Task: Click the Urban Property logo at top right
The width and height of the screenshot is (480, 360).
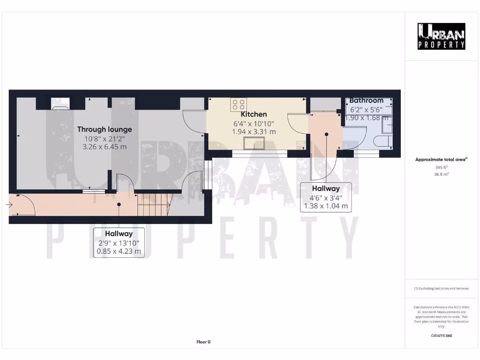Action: coord(442,36)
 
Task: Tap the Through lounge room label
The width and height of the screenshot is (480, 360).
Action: coord(105,129)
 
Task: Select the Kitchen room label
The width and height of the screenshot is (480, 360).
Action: coord(254,114)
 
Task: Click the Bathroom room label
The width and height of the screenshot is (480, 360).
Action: coord(366,100)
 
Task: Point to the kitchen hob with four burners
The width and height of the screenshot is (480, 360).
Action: coord(238,104)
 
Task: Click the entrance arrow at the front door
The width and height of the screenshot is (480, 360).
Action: coord(9,205)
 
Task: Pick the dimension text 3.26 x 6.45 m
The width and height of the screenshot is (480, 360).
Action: coord(105,147)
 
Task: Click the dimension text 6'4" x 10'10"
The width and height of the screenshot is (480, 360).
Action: coord(254,124)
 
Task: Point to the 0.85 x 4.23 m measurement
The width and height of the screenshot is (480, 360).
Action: coord(119,251)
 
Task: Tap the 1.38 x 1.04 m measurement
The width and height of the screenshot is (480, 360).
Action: coord(326,206)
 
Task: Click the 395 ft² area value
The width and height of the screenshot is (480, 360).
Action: coord(441,167)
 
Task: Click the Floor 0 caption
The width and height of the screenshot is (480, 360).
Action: coord(203,342)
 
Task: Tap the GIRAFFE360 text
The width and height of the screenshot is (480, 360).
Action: coord(441,336)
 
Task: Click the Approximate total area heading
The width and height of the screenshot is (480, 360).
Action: coord(441,160)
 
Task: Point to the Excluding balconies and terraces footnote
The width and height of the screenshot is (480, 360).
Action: coord(441,288)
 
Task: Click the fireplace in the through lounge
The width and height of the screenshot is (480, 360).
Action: coord(60,103)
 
